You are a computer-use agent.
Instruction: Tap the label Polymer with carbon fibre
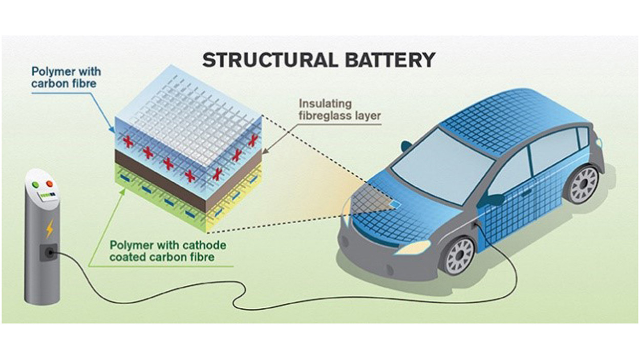point(66,77)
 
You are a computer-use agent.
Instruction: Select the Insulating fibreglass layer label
point(339,109)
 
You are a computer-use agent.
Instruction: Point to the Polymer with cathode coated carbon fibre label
point(167,251)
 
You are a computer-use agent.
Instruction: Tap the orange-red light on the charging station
point(50,184)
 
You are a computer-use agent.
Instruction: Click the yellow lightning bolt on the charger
point(50,228)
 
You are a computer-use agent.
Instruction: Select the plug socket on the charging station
point(49,252)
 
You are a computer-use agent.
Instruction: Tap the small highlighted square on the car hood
point(393,203)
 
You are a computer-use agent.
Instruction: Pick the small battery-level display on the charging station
point(48,196)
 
